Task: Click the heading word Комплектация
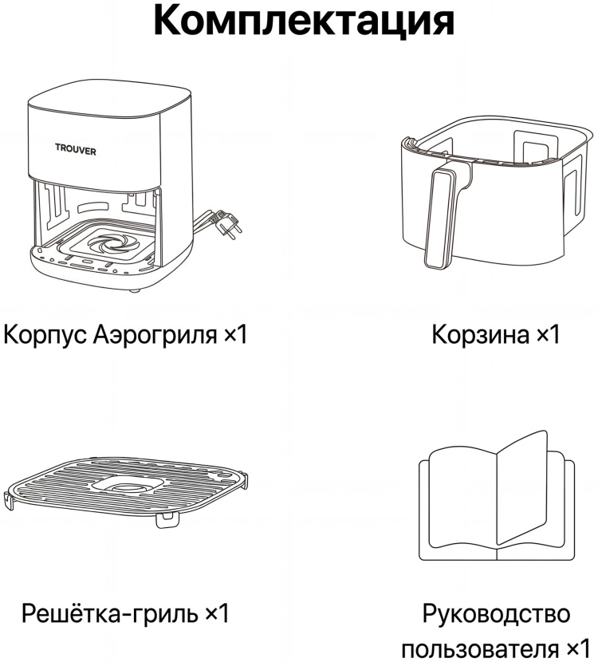pyautogui.click(x=304, y=20)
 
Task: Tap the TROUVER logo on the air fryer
pyautogui.click(x=76, y=150)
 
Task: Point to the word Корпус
pyautogui.click(x=45, y=335)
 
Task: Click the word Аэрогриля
pyautogui.click(x=155, y=335)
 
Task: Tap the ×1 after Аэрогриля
pyautogui.click(x=235, y=335)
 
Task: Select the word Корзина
pyautogui.click(x=480, y=335)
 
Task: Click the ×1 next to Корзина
pyautogui.click(x=548, y=335)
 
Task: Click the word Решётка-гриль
pyautogui.click(x=110, y=613)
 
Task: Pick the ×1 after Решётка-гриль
pyautogui.click(x=217, y=613)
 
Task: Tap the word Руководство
pyautogui.click(x=496, y=613)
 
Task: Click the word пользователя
pyautogui.click(x=481, y=648)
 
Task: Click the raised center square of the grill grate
pyautogui.click(x=128, y=486)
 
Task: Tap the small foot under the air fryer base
pyautogui.click(x=135, y=291)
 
